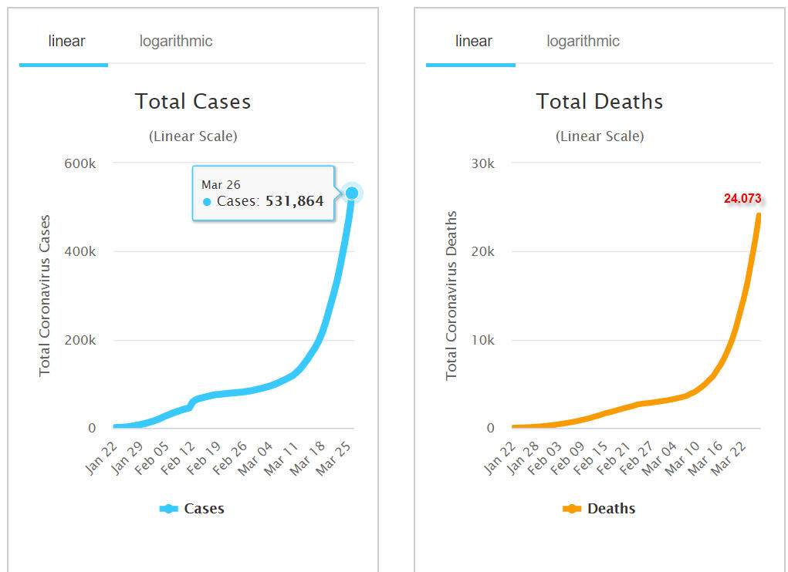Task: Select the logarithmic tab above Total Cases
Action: (x=176, y=41)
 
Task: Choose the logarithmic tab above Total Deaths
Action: (x=583, y=41)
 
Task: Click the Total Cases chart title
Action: (x=193, y=102)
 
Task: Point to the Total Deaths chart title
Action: (x=600, y=102)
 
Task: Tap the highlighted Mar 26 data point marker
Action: (x=352, y=193)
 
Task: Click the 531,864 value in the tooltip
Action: (x=294, y=202)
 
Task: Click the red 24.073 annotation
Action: (x=742, y=199)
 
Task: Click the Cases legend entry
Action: (x=192, y=509)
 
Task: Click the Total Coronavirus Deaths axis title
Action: (x=452, y=294)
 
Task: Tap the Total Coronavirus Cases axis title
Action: (x=45, y=294)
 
